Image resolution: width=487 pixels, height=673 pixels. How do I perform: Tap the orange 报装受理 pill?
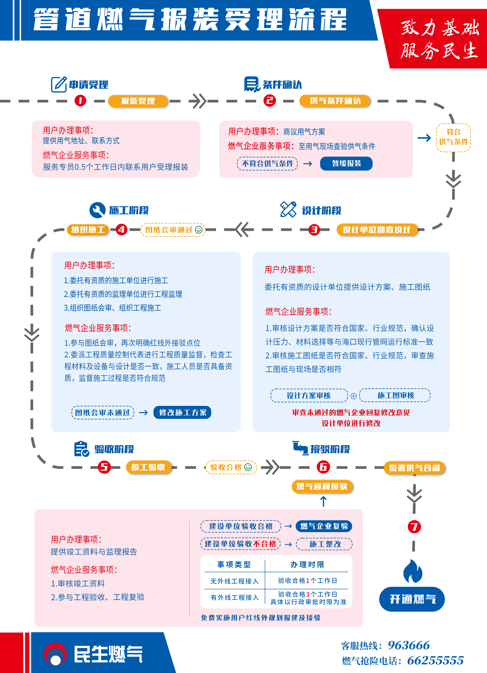click(138, 101)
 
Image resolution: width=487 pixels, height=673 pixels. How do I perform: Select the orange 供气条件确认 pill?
click(335, 101)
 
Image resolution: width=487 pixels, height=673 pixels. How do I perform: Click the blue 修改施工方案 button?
click(182, 413)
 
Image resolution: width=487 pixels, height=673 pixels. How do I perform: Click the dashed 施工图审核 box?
click(395, 395)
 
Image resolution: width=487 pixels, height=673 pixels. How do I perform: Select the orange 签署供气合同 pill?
click(414, 468)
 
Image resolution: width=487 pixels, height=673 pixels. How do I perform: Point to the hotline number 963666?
click(409, 645)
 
